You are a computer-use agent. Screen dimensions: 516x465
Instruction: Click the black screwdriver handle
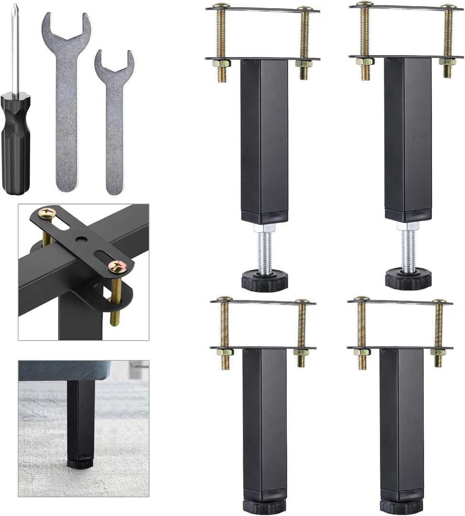(x=15, y=143)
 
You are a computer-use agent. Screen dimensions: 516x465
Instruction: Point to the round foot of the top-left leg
(x=264, y=280)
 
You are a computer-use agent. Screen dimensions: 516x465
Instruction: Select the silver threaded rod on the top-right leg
(x=408, y=248)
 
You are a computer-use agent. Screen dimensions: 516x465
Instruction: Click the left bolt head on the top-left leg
(x=221, y=6)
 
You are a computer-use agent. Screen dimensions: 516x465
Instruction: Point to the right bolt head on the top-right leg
(x=448, y=7)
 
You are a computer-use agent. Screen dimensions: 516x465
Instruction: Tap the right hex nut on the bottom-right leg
(x=438, y=352)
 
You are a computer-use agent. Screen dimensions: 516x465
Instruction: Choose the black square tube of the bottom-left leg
(x=264, y=420)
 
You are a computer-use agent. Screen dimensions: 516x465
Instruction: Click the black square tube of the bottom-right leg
(x=401, y=420)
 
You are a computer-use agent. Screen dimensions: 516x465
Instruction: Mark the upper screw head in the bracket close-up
(x=47, y=213)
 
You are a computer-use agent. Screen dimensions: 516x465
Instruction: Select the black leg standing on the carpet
(x=80, y=420)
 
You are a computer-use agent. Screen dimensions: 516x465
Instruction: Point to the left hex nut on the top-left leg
(x=221, y=63)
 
